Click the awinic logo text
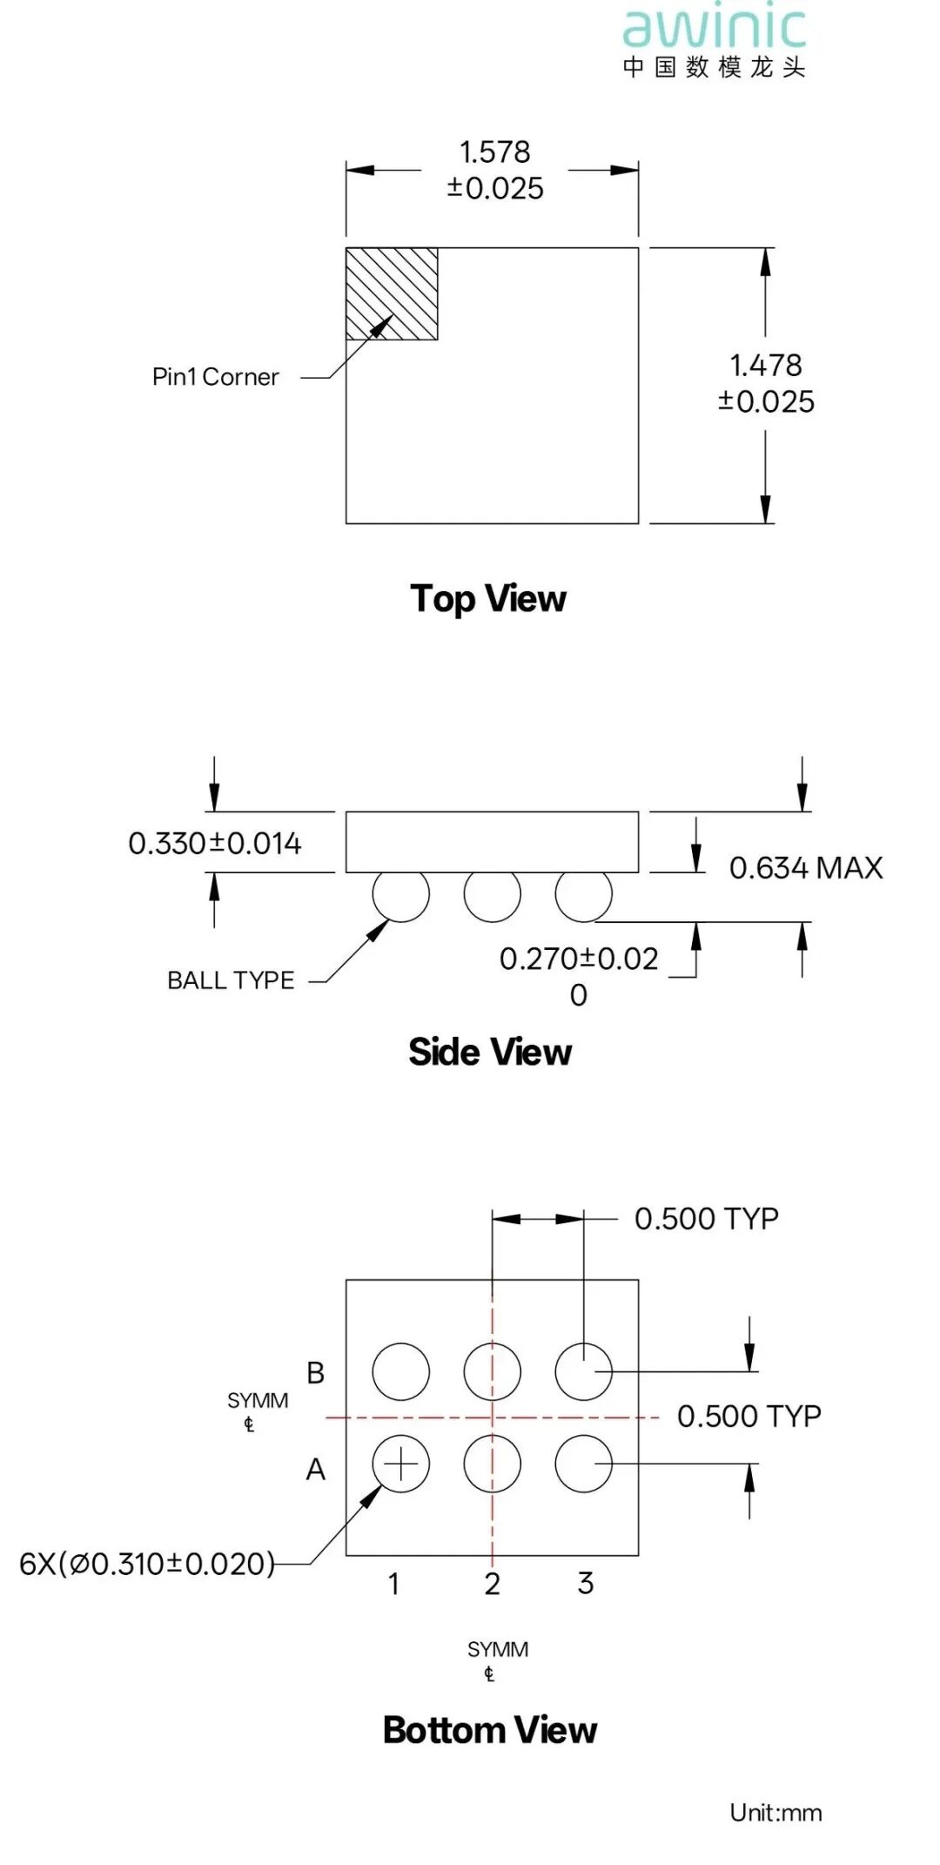coord(715,28)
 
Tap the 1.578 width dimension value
coord(494,152)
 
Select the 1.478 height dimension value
coord(765,366)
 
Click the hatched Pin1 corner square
coord(392,293)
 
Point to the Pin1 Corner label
coord(215,377)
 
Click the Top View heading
coord(488,599)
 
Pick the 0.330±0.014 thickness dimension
coord(214,844)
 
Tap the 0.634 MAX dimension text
coord(805,868)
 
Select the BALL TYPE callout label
coord(231,980)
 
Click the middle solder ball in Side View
coord(492,894)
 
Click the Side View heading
coord(490,1052)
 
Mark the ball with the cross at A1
coord(400,1464)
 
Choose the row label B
coord(315,1373)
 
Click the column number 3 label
coord(586,1583)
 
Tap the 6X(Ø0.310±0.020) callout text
coord(147,1564)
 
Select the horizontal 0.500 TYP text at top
coord(706,1219)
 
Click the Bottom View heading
coord(490,1730)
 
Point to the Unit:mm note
coord(775,1813)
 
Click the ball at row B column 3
coord(583,1371)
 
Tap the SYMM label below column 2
coord(497,1650)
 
